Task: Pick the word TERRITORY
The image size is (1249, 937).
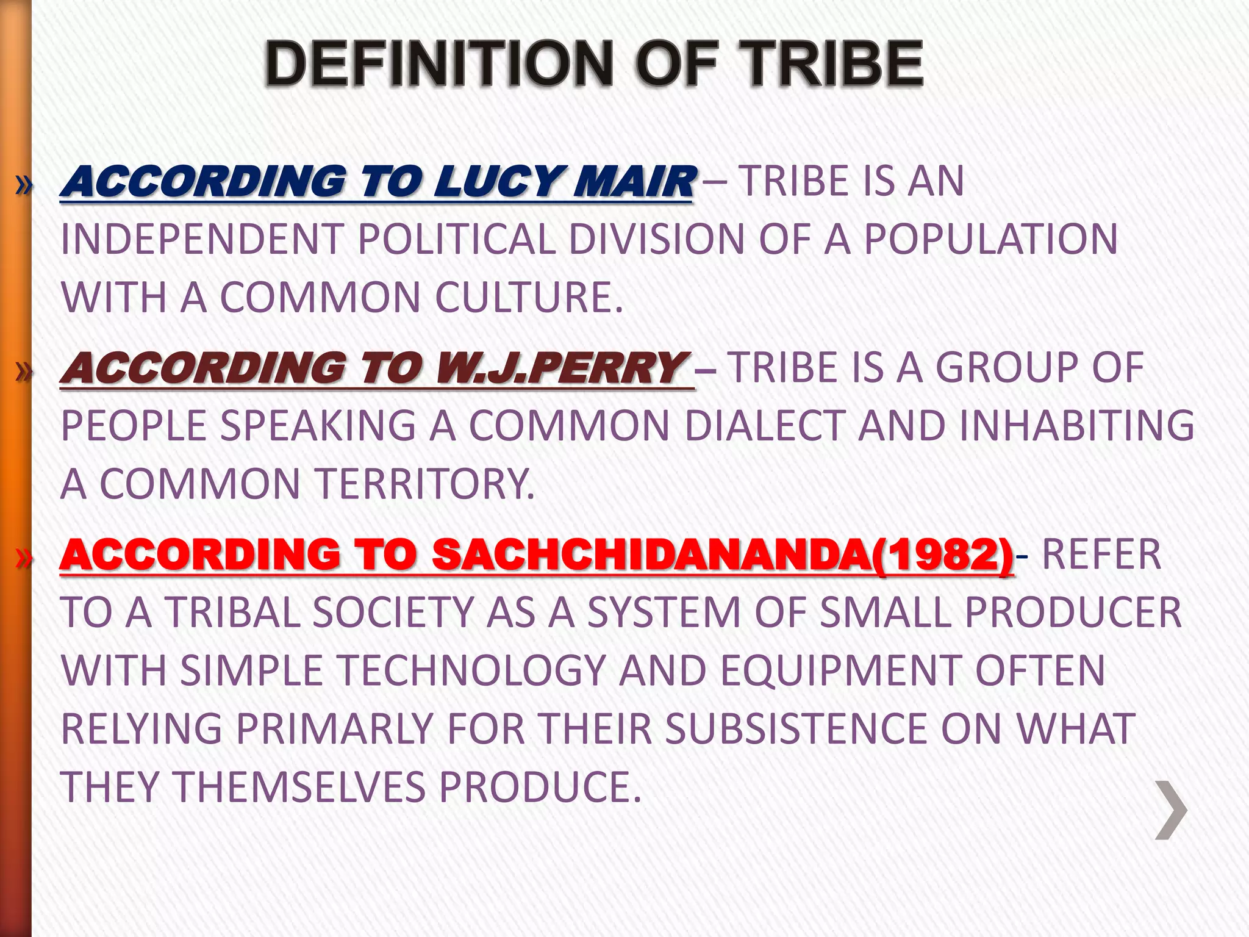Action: click(x=424, y=484)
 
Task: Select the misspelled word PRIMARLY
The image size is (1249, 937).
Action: click(x=334, y=730)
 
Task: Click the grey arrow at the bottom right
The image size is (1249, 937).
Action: click(x=1170, y=810)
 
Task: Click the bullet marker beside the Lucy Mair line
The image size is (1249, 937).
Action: click(x=23, y=185)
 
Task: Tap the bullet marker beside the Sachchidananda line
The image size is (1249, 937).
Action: click(x=23, y=558)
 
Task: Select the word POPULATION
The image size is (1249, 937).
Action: click(x=991, y=239)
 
